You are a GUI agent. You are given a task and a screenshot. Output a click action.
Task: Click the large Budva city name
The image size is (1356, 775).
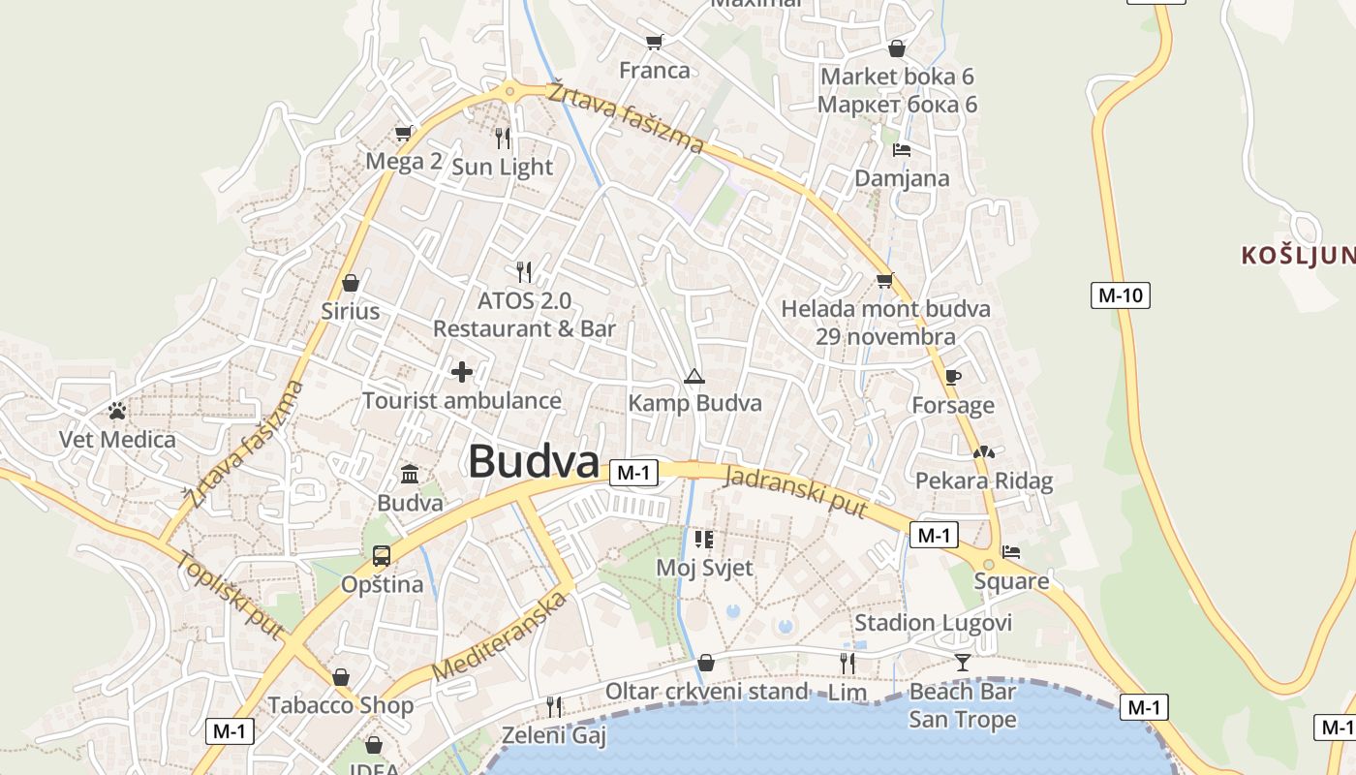534,462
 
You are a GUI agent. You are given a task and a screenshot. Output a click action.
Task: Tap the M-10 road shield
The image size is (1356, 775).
1121,295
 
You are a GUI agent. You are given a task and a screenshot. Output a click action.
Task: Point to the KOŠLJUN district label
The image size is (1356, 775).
1298,256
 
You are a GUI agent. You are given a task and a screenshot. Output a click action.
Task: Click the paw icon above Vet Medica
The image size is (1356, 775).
117,411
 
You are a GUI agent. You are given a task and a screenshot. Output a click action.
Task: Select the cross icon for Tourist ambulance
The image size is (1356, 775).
462,371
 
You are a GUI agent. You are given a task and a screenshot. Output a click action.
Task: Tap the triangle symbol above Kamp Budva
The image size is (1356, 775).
693,376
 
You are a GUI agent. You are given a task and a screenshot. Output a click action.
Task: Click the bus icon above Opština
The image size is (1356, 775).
382,555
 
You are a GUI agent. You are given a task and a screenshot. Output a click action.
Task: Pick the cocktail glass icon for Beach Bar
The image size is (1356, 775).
962,663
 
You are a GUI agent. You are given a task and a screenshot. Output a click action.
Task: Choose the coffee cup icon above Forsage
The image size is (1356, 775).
953,377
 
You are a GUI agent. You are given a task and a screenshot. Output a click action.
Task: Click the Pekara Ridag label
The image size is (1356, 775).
984,480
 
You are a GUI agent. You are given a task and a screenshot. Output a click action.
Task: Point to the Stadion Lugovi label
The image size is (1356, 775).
933,622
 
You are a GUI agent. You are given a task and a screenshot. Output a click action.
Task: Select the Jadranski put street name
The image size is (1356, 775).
795,492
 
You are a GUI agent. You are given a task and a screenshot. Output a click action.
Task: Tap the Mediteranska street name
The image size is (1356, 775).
499,635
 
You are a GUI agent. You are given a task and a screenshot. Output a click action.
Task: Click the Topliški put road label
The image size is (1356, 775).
231,595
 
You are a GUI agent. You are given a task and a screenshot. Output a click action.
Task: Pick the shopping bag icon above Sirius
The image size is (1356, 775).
351,283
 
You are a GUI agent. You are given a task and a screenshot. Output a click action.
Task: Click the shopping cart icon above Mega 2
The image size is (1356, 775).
404,133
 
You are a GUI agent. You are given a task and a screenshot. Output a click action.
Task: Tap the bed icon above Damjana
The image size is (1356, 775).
902,150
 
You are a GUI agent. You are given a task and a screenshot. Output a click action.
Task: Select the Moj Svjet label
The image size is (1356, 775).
704,567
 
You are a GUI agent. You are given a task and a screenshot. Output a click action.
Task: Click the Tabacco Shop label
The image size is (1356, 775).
341,704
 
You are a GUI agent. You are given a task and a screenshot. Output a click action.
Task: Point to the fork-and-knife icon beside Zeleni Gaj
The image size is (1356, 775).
554,706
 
